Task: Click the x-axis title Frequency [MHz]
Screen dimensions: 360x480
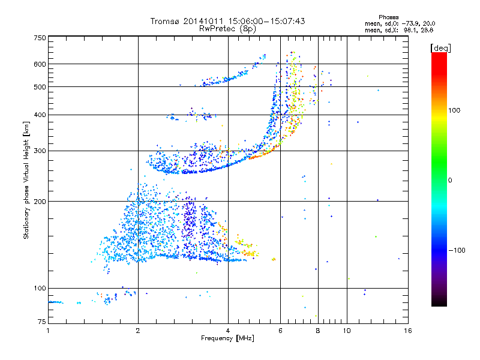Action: pyautogui.click(x=228, y=339)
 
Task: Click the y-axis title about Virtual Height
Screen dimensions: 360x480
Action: pyautogui.click(x=26, y=180)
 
